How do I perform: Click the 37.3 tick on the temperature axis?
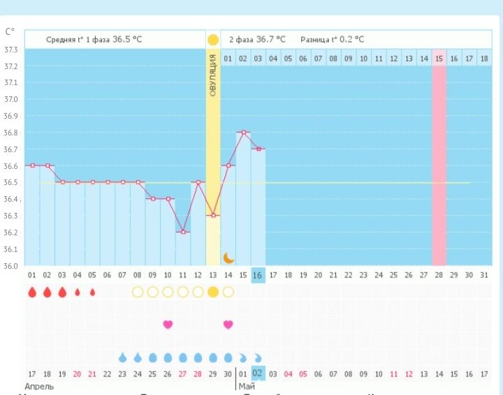[11, 50]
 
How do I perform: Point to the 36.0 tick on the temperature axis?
[11, 266]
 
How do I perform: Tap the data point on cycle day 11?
[183, 232]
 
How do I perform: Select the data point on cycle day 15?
[243, 132]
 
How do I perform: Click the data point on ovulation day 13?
[213, 215]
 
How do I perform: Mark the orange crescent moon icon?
[228, 258]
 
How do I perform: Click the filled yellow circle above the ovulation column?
[213, 40]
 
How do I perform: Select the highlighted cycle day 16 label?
[258, 275]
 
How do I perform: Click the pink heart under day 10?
[168, 324]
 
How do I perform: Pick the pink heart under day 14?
[228, 324]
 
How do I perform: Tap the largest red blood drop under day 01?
[32, 292]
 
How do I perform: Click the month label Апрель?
[39, 386]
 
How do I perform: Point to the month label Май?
[247, 386]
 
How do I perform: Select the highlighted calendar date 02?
[258, 373]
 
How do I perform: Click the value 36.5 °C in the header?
[127, 40]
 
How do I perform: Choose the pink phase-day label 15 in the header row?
[439, 59]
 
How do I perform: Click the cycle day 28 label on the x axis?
[439, 275]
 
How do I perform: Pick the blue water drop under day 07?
[123, 357]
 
